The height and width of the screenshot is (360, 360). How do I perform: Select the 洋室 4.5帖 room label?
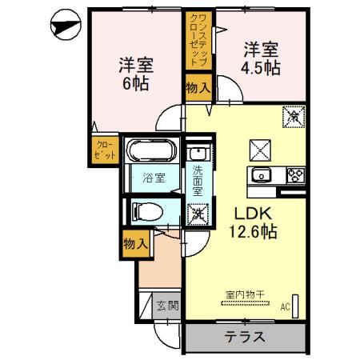tap(262, 58)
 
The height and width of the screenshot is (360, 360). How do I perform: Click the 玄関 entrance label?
tap(166, 305)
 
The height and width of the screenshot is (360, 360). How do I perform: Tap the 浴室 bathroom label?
tap(154, 178)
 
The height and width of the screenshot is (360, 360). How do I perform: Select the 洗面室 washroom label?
tap(197, 180)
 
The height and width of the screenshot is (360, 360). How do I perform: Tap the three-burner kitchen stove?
tap(294, 176)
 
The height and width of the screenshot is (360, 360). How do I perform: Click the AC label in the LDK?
tap(286, 305)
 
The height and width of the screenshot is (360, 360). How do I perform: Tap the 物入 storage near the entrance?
tap(136, 244)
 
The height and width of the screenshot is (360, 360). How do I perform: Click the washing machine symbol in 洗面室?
tap(197, 213)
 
